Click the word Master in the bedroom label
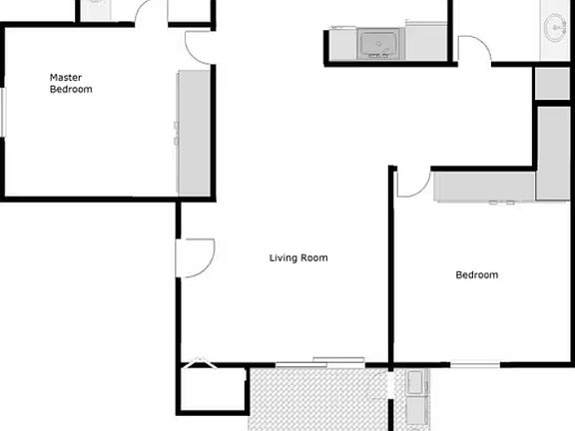click(65, 77)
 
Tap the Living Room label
click(298, 257)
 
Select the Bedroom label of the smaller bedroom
click(476, 274)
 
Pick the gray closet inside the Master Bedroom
click(194, 133)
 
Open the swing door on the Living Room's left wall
click(195, 256)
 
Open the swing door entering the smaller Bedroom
click(411, 184)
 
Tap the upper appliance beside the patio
click(415, 381)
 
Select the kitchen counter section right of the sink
click(424, 43)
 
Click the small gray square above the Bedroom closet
click(552, 83)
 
